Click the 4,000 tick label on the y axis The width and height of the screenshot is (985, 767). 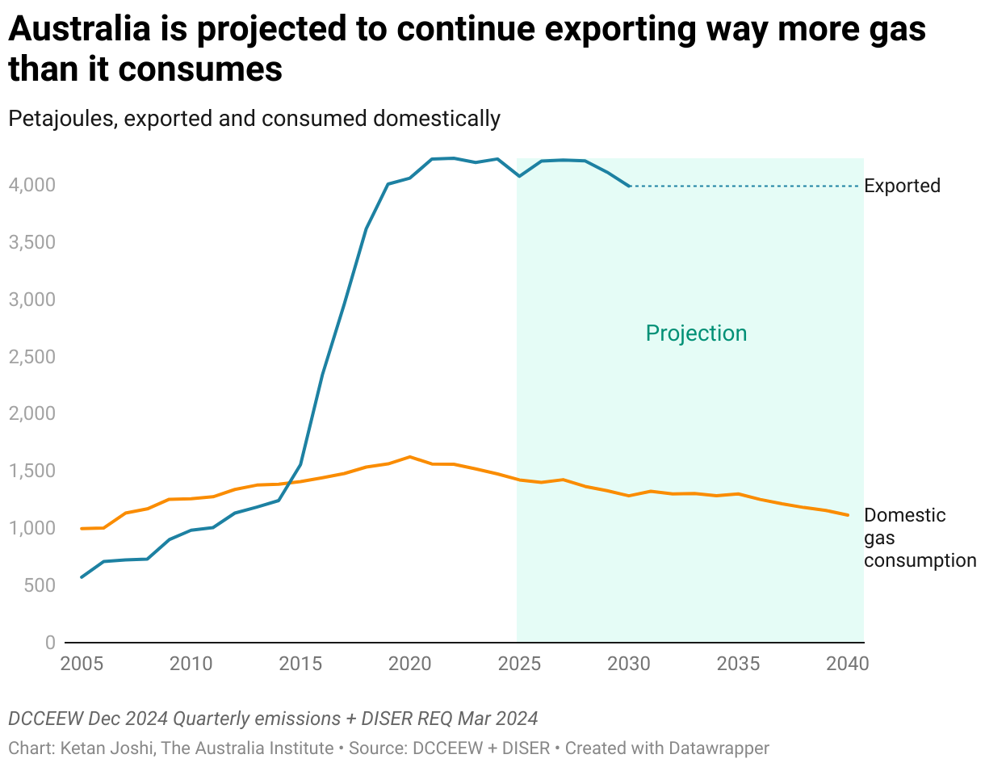32,185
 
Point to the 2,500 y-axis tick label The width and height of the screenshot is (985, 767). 32,357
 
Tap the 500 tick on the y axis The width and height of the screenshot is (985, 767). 40,585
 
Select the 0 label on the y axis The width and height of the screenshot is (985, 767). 50,643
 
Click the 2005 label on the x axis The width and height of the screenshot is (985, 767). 82,664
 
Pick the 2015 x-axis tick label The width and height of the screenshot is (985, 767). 300,664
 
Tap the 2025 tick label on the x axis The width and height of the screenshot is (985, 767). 519,664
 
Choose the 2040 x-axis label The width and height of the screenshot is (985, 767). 847,664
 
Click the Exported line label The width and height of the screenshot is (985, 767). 902,186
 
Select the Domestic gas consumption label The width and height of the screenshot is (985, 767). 920,538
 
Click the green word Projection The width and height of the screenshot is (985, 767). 696,333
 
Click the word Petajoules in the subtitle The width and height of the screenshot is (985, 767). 62,119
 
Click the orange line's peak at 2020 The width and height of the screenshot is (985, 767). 410,457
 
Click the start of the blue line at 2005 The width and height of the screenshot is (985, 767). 82,577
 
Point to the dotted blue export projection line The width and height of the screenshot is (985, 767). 743,187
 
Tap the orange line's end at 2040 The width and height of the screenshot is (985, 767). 847,515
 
